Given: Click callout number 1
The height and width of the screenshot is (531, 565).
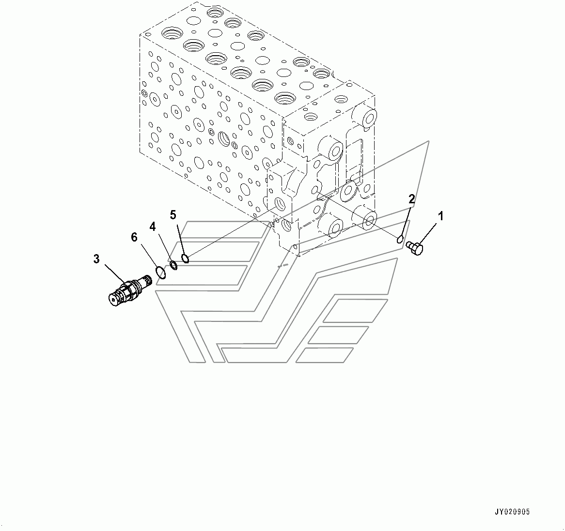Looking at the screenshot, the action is coord(440,216).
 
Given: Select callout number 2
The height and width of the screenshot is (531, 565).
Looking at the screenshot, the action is coord(411,199).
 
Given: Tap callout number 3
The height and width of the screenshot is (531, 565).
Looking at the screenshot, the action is coord(96,259).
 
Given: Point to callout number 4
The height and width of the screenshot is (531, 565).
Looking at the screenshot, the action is coord(153,227).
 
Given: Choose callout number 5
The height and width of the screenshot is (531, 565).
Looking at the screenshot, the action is coord(173,215).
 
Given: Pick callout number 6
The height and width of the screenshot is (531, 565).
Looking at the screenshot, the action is coord(134,238).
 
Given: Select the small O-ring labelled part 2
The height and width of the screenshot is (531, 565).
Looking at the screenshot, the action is coord(400,240).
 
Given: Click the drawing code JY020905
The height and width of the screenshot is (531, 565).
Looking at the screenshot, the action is coord(512,512).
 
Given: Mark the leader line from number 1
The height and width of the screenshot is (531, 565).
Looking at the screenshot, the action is coord(428,233).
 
